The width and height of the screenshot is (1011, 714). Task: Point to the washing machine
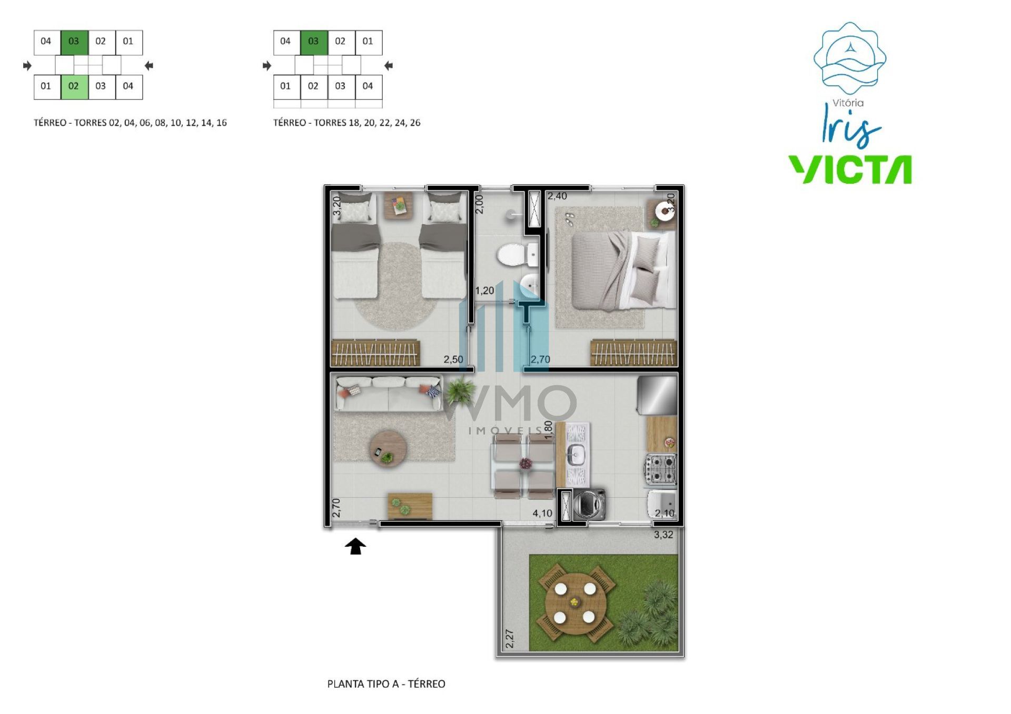589,505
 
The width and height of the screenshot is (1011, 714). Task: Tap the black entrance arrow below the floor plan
355,546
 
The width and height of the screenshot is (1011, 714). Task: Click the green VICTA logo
850,169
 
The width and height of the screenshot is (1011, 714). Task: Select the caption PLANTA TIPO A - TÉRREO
386,683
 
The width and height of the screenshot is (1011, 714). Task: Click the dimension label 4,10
542,513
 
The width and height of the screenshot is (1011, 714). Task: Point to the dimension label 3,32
663,535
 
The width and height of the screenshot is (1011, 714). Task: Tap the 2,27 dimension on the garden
509,639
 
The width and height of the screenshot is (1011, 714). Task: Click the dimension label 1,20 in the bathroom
484,290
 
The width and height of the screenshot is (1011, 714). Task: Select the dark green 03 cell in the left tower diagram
74,43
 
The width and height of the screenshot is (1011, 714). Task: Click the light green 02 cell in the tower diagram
74,87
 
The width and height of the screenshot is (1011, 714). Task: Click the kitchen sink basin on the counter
576,455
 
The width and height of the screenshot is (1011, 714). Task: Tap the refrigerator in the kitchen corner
657,395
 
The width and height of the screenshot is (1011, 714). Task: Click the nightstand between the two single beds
399,205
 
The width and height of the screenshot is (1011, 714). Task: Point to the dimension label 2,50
453,359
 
